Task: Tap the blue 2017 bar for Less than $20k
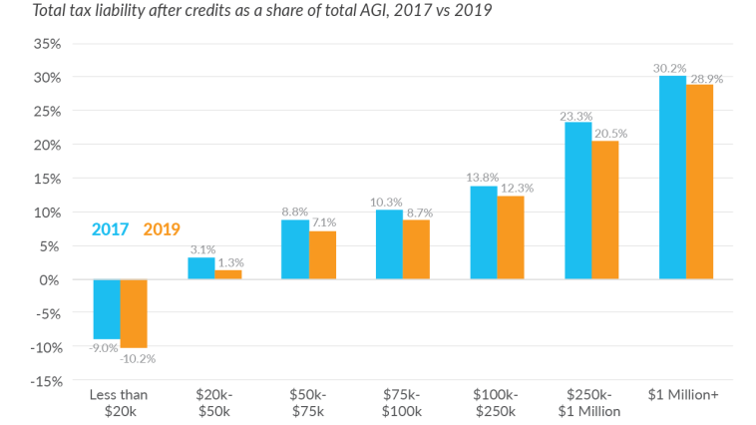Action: [107, 309]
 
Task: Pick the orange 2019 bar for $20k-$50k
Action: [228, 274]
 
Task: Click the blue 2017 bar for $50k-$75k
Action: [295, 249]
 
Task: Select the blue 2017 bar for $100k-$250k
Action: [484, 232]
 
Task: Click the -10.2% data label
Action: [137, 358]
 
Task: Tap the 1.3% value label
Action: [230, 262]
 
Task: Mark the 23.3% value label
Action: [576, 115]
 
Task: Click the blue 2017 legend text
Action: [110, 229]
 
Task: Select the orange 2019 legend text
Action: [162, 229]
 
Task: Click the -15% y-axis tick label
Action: [46, 380]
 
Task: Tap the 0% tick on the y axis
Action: [53, 279]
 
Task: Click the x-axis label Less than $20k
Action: [120, 403]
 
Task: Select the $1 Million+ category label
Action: [685, 396]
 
